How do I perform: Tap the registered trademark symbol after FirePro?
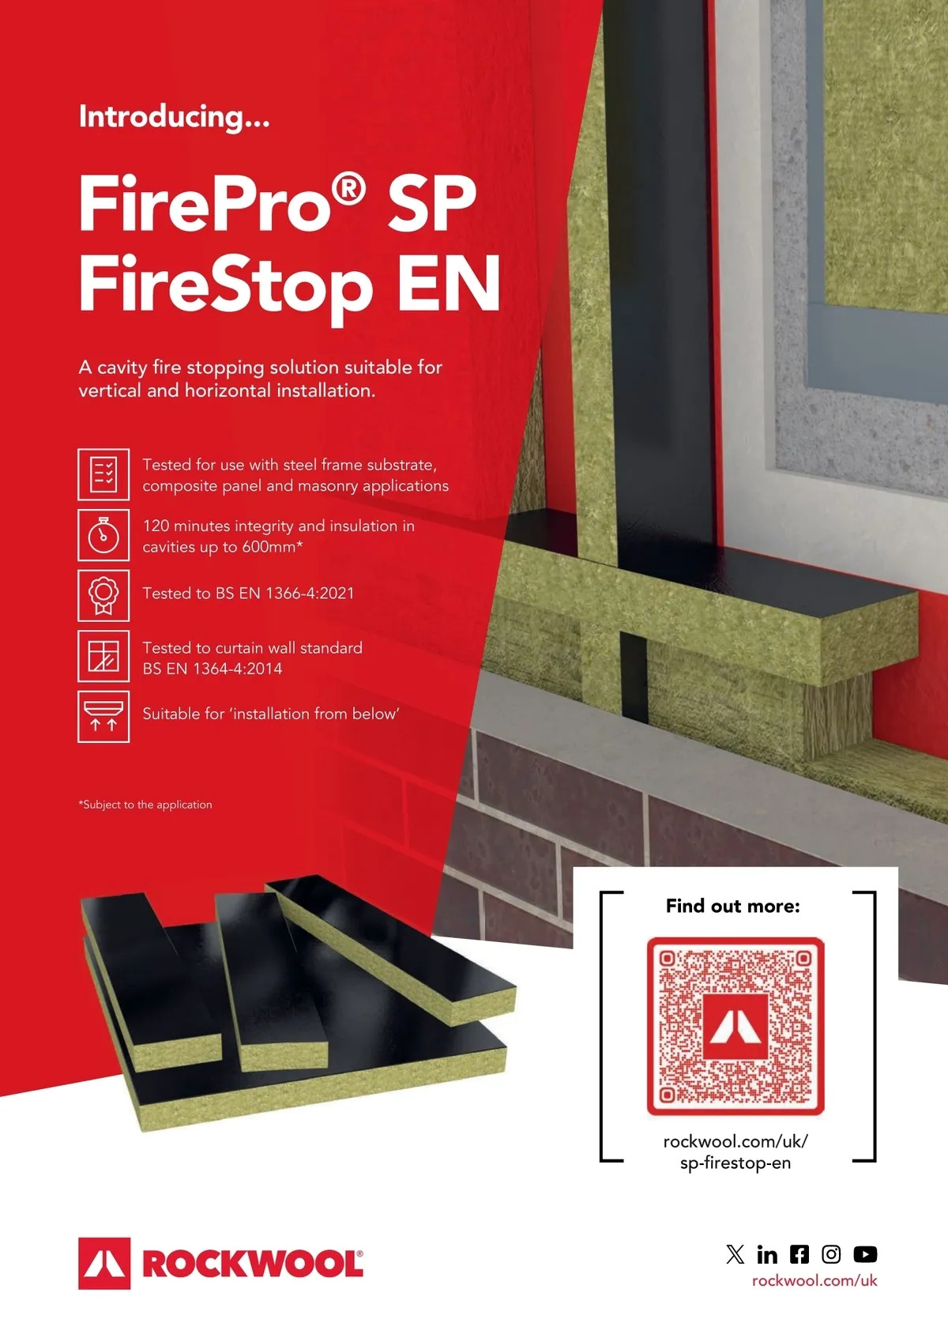tap(348, 190)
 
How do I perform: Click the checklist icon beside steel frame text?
tap(103, 474)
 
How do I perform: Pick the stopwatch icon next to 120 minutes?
tap(103, 535)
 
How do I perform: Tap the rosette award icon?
tap(103, 595)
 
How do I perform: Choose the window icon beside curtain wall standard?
tap(103, 656)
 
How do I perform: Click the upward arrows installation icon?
tap(103, 717)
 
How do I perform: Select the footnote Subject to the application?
tap(145, 805)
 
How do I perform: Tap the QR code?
tap(735, 1026)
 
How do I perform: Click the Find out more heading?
tap(732, 906)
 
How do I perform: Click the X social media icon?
tap(735, 1254)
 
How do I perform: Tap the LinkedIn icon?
tap(767, 1254)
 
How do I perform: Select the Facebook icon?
tap(799, 1254)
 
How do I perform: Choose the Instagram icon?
tap(831, 1254)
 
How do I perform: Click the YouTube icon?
tap(865, 1254)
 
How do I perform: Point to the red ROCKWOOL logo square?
tap(104, 1264)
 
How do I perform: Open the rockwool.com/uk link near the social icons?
tap(814, 1281)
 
